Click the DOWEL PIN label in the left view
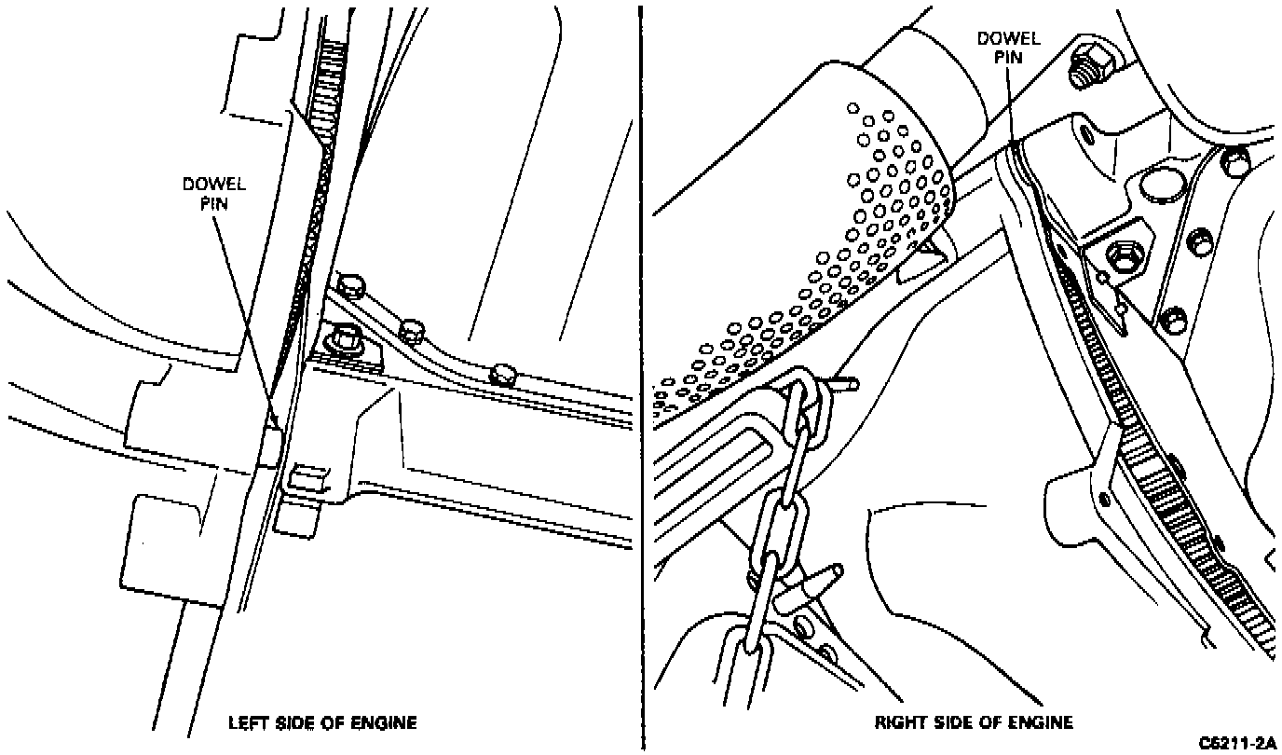pos(213,193)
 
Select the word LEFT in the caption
pos(248,722)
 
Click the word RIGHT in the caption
pos(898,722)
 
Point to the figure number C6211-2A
pos(1236,743)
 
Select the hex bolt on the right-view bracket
pos(1119,257)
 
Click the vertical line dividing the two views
pos(642,373)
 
